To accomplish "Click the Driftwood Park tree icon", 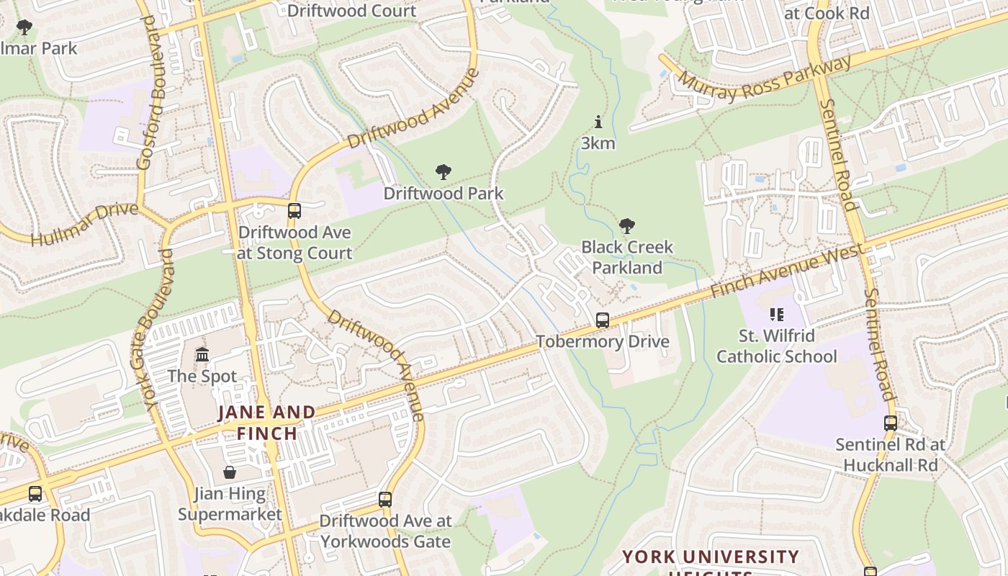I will (x=444, y=172).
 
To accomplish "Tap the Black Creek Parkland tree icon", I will (x=627, y=226).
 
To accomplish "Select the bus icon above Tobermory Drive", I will (x=603, y=320).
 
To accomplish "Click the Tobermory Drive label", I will (x=603, y=341).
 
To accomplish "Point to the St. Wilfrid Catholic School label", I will (x=776, y=346).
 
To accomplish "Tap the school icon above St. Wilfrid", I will (x=776, y=314).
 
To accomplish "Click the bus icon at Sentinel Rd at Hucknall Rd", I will (x=891, y=423).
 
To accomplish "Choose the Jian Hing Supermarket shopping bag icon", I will (x=230, y=472).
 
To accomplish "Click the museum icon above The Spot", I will (x=202, y=355).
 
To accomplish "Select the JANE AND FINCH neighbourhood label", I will (x=266, y=423).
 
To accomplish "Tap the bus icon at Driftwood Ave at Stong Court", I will (x=294, y=211).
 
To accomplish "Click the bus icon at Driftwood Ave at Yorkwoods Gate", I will (x=385, y=499).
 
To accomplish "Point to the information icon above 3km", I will (x=598, y=122).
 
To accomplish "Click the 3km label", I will (x=598, y=143).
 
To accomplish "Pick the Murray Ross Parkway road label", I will (x=765, y=78).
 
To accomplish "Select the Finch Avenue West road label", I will (x=787, y=271).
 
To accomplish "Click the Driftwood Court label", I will (x=351, y=11).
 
